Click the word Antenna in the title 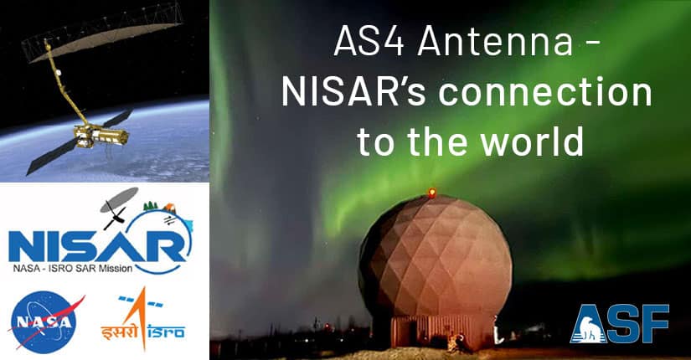click(495, 42)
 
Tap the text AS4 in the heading click(369, 42)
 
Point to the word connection click(545, 92)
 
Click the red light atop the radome click(432, 192)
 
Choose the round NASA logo click(44, 321)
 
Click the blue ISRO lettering click(166, 332)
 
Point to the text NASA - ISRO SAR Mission click(72, 268)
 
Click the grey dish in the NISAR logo click(119, 199)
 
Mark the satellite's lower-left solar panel click(53, 157)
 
